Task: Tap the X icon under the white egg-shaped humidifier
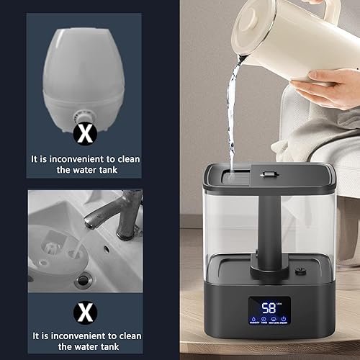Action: tap(85, 132)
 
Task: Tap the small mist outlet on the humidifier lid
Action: tap(271, 174)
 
